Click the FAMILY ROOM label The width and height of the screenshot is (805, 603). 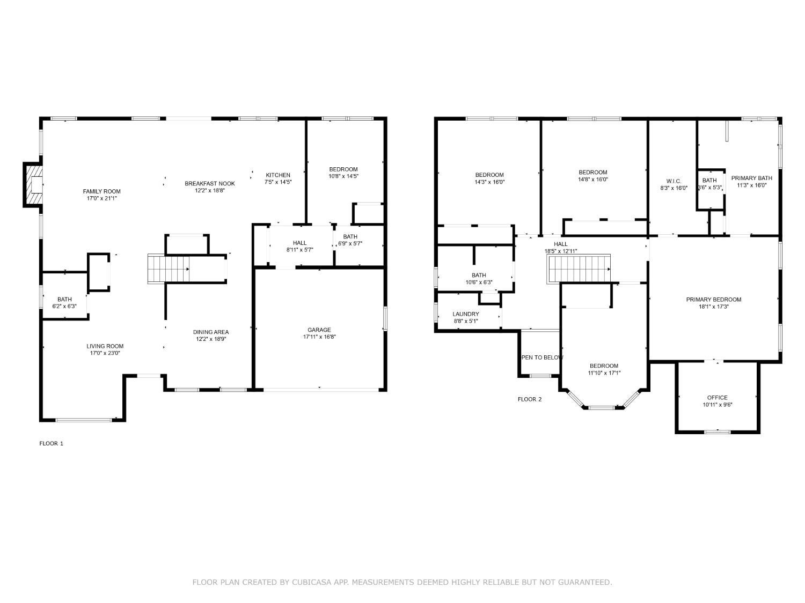[x=101, y=191]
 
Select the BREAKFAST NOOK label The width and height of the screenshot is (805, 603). [x=210, y=183]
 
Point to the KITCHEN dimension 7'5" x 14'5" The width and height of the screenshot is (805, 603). [x=278, y=182]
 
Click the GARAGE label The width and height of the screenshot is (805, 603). [x=319, y=330]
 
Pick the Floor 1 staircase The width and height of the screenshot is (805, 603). [x=169, y=269]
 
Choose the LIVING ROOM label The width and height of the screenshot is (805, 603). [x=105, y=346]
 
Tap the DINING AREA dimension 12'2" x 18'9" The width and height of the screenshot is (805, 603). [x=211, y=339]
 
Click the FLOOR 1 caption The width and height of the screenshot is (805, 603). [x=52, y=443]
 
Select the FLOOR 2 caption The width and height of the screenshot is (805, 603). [x=530, y=399]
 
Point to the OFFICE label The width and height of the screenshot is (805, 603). [x=718, y=398]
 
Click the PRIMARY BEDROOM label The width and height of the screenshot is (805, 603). [x=714, y=300]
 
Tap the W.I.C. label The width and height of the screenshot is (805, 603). [x=674, y=181]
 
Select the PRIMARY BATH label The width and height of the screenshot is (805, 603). [x=752, y=178]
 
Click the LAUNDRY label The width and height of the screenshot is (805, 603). [x=466, y=314]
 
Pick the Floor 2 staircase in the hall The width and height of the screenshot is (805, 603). [x=579, y=269]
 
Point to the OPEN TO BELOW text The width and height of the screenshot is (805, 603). [x=542, y=358]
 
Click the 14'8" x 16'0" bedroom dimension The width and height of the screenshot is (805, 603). [x=593, y=180]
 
